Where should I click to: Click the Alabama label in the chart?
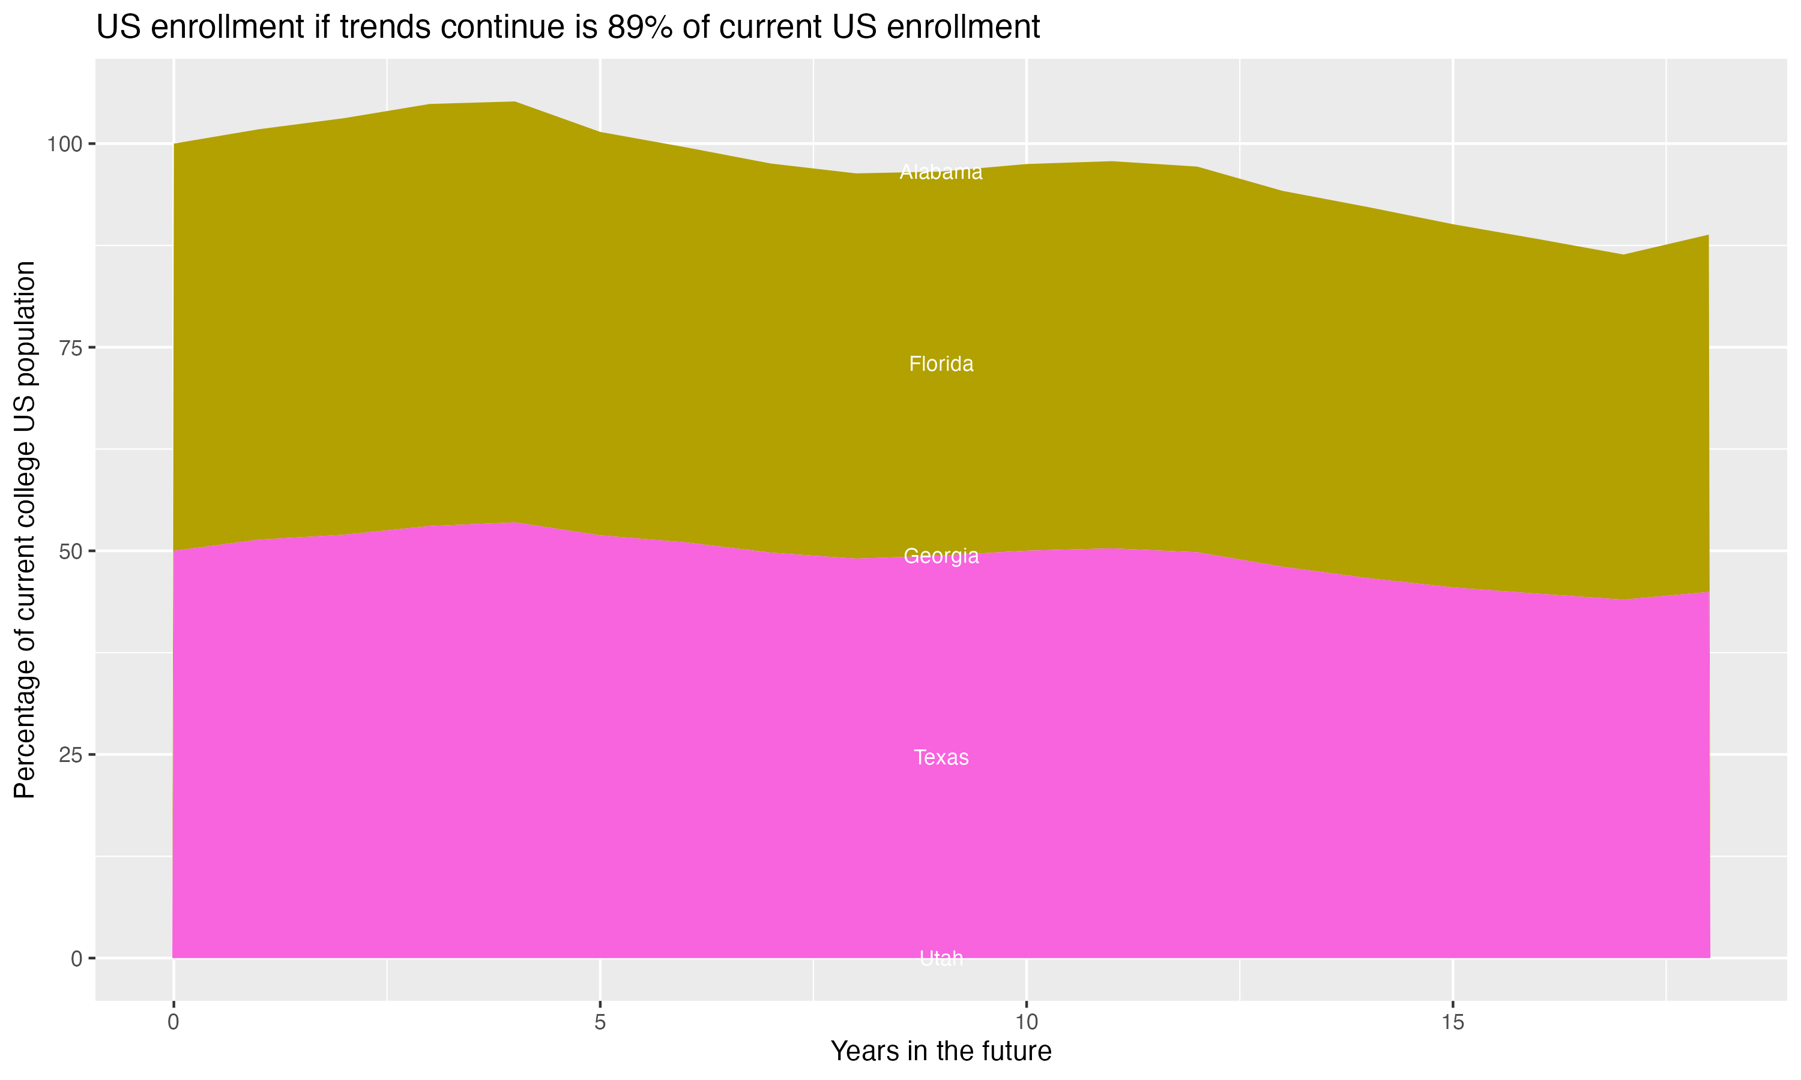pos(941,172)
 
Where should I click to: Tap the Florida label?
pos(941,364)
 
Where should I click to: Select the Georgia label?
pos(941,556)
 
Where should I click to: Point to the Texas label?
pos(941,758)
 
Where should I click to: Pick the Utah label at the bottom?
pos(941,958)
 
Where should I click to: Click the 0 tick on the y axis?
pos(76,958)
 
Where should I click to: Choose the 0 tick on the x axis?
pos(173,1022)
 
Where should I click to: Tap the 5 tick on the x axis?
pos(600,1022)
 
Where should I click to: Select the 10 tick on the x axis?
pos(1026,1022)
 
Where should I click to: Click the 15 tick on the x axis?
pos(1452,1022)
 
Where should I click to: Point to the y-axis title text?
pos(25,529)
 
